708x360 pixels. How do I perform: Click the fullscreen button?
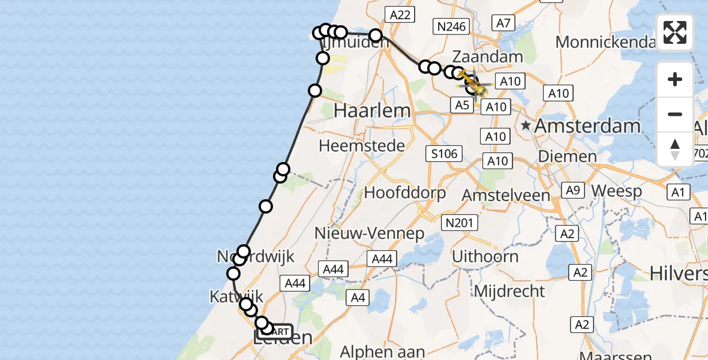(675, 32)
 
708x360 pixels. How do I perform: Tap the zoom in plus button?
(675, 80)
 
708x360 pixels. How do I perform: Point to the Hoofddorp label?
(406, 193)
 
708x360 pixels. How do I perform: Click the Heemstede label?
(362, 145)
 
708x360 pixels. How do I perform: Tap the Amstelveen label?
(506, 195)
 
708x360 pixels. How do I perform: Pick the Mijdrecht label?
(509, 292)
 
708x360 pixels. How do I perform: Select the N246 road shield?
(451, 26)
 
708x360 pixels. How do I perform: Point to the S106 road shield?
(445, 154)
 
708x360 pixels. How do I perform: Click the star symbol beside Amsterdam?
(526, 126)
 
